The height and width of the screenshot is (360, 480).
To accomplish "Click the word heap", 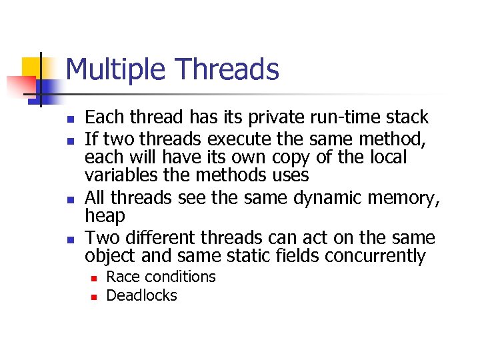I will point(105,216).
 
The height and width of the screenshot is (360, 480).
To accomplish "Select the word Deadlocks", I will point(141,295).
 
